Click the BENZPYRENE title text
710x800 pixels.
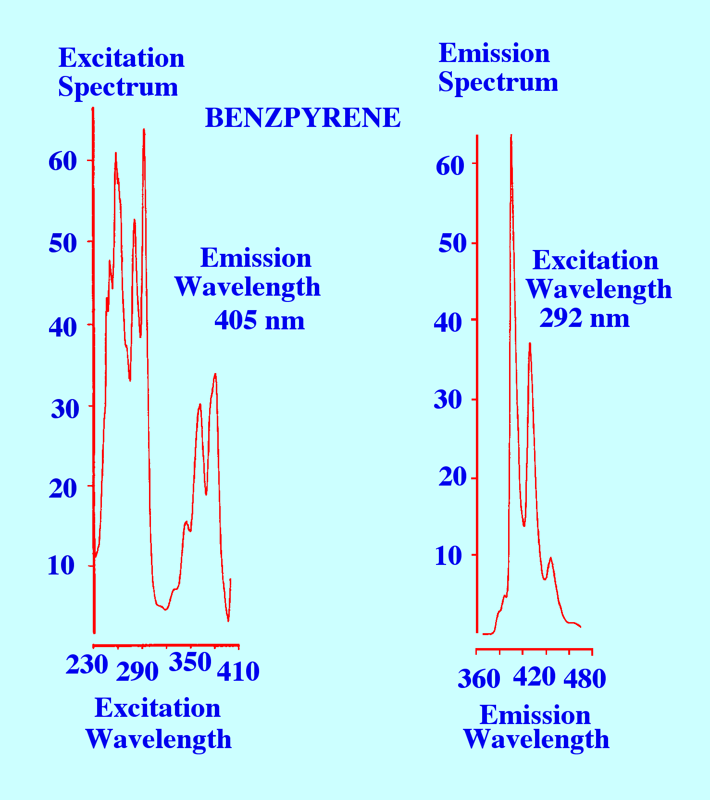click(x=303, y=118)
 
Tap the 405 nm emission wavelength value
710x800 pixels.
click(x=260, y=320)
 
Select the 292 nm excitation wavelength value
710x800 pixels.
click(x=585, y=318)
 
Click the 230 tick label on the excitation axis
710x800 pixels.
click(x=87, y=665)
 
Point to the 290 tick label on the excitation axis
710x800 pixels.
click(x=137, y=672)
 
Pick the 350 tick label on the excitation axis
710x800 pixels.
click(x=190, y=662)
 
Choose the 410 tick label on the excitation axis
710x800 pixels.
click(x=238, y=672)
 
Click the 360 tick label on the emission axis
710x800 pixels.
click(x=479, y=679)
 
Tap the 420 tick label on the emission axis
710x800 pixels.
click(x=534, y=677)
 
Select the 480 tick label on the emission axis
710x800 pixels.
click(x=585, y=679)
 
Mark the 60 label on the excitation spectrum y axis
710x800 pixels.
click(x=62, y=162)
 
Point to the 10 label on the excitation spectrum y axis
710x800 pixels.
click(x=62, y=566)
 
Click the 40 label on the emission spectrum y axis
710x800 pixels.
click(x=448, y=322)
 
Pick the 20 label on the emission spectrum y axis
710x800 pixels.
click(x=452, y=477)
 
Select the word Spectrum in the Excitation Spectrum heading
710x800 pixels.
click(x=118, y=87)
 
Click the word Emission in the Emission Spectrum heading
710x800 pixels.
click(x=494, y=53)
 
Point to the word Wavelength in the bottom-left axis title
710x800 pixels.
click(x=159, y=739)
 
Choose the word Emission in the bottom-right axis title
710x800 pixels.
click(x=535, y=715)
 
